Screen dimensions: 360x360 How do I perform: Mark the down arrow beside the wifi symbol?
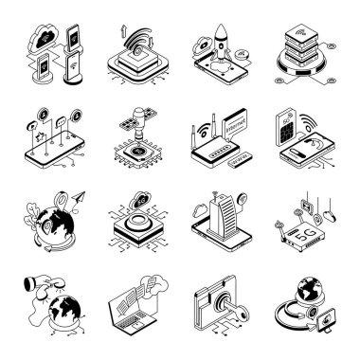151,52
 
